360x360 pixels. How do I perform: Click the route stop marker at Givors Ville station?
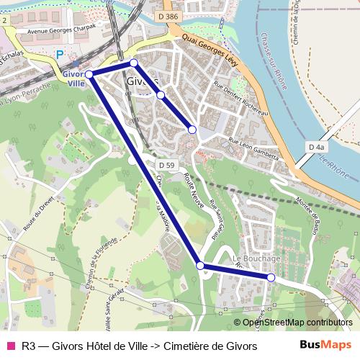[89, 74]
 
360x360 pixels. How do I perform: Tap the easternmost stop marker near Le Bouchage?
[271, 277]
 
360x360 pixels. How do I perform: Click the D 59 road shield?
[166, 165]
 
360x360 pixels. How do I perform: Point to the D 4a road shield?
[315, 147]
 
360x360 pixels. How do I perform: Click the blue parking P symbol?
[60, 54]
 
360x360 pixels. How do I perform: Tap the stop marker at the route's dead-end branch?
[192, 130]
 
